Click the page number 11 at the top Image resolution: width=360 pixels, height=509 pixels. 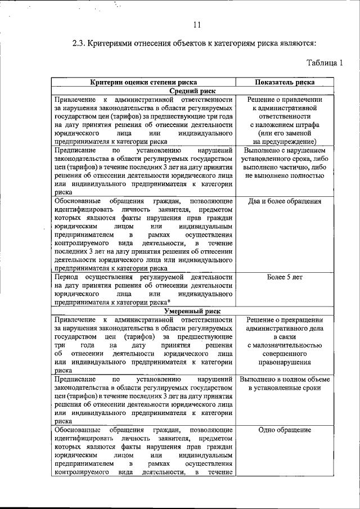pyautogui.click(x=196, y=24)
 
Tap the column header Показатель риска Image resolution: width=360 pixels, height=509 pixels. pyautogui.click(x=285, y=82)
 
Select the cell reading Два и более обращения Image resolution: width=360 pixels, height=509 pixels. pyautogui.click(x=285, y=201)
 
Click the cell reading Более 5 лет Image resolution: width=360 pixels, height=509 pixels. pyautogui.click(x=285, y=277)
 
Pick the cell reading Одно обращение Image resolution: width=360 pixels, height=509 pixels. pyautogui.click(x=285, y=430)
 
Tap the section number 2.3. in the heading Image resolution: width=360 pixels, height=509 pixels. pyautogui.click(x=82, y=43)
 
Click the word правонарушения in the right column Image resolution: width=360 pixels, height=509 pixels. pyautogui.click(x=285, y=363)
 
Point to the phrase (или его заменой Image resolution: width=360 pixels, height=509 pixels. pyautogui.click(x=285, y=133)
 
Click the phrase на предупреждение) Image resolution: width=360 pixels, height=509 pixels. pyautogui.click(x=285, y=142)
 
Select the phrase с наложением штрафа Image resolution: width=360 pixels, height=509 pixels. pyautogui.click(x=285, y=124)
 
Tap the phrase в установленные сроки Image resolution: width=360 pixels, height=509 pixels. pyautogui.click(x=285, y=388)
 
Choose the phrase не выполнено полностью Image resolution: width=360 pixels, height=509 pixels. pyautogui.click(x=285, y=175)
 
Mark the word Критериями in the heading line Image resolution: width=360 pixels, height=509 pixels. pyautogui.click(x=120, y=43)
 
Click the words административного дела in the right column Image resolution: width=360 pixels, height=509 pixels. pyautogui.click(x=285, y=328)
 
